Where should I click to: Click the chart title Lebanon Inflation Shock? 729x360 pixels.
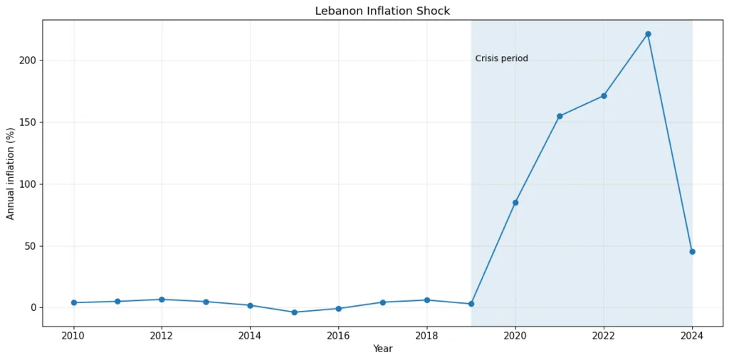tap(382, 11)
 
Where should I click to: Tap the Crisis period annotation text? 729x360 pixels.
tap(501, 58)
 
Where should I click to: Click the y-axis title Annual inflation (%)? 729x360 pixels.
tap(11, 174)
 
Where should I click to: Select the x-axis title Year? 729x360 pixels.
tap(382, 349)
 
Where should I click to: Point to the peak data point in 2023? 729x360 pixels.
tap(648, 34)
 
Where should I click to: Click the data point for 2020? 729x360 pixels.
tap(515, 203)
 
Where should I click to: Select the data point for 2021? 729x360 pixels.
tap(560, 116)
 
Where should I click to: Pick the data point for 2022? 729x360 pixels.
tap(604, 96)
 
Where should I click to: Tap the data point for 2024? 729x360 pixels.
tap(692, 252)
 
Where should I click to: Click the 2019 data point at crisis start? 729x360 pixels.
tap(471, 304)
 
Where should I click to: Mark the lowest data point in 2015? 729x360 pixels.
tap(294, 312)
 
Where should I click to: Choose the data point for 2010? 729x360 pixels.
tap(74, 303)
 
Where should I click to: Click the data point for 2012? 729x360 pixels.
tap(162, 300)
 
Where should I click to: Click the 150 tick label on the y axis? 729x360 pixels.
tap(28, 122)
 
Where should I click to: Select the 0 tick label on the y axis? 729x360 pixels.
tap(33, 308)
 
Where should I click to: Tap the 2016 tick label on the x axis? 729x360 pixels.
tap(338, 335)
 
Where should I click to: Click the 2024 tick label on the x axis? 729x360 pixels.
tap(692, 335)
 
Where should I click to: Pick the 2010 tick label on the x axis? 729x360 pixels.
tap(73, 335)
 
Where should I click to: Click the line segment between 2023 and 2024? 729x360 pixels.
tap(670, 143)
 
